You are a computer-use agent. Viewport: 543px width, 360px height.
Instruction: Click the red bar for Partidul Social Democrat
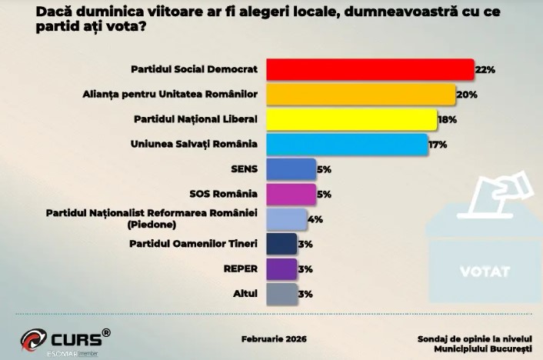[x=369, y=69]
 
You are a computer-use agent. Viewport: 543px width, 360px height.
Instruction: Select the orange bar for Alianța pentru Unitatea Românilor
[x=361, y=95]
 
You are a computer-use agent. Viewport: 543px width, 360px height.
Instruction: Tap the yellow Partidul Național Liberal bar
[x=351, y=119]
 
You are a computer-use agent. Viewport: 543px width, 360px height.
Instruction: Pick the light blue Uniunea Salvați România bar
[x=347, y=144]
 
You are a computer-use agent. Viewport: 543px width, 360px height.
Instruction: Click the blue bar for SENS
[x=291, y=168]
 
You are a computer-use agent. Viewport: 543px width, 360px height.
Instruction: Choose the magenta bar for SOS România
[x=291, y=194]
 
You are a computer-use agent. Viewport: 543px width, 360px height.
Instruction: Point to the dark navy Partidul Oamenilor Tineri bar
[x=281, y=244]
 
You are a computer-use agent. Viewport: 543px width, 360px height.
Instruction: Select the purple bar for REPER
[x=281, y=268]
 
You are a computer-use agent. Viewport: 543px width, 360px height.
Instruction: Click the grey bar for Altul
[x=281, y=293]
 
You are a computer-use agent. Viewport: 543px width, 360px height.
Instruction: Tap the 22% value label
[x=485, y=70]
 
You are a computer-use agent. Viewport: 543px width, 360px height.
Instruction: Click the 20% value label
[x=467, y=95]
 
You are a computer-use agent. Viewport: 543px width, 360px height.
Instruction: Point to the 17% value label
[x=438, y=145]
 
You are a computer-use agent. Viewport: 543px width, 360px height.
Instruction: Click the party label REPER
[x=239, y=268]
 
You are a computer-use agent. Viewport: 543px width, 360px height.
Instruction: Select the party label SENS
[x=244, y=168]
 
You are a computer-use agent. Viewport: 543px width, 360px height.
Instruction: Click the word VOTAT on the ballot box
[x=484, y=272]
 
